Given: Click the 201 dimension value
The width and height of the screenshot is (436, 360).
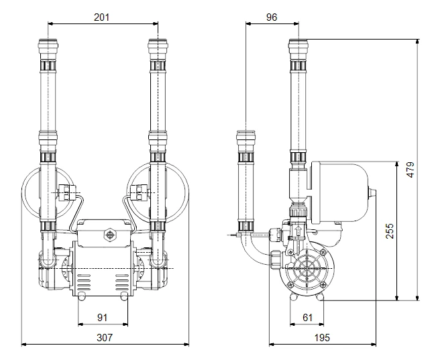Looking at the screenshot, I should (x=102, y=17).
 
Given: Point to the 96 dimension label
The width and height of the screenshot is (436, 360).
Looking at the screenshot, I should (x=271, y=17).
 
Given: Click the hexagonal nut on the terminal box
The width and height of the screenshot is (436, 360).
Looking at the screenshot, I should (x=107, y=236).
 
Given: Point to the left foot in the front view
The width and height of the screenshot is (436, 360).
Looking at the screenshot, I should (x=82, y=295).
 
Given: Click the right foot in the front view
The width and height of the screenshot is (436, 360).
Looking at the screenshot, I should (x=125, y=295).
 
